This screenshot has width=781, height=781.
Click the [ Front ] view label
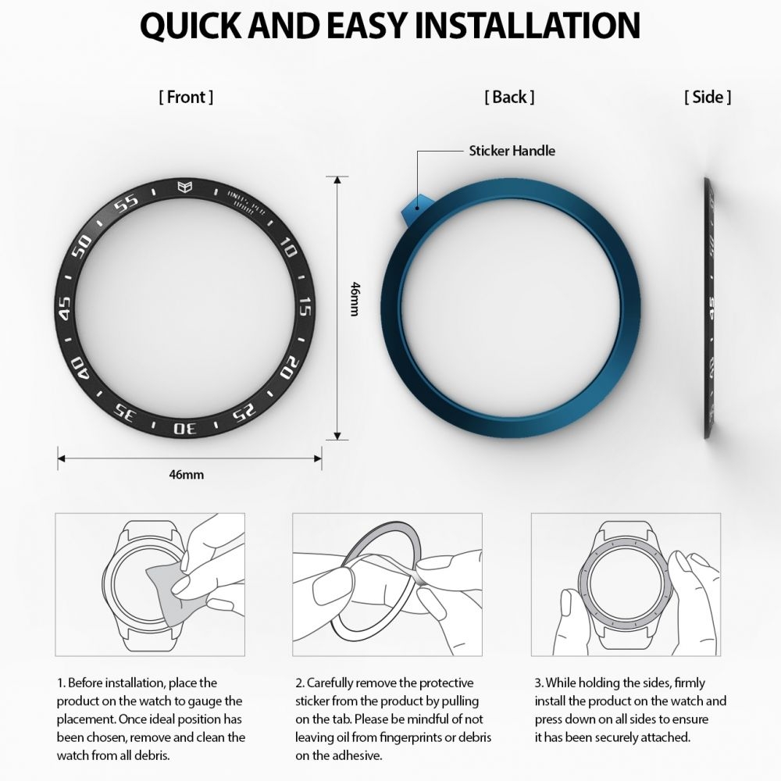tap(186, 97)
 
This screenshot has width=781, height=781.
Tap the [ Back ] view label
tap(509, 97)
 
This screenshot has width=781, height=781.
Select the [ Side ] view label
tap(708, 97)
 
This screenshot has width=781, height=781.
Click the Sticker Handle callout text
tap(512, 151)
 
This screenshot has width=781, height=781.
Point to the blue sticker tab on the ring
tap(412, 209)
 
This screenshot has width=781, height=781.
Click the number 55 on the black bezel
tap(126, 203)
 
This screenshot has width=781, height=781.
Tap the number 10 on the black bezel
tap(287, 247)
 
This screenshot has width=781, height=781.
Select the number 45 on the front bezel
tap(65, 308)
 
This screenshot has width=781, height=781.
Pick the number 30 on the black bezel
tap(185, 428)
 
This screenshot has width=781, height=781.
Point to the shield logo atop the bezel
tap(185, 187)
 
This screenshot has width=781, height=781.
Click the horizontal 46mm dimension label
tap(187, 474)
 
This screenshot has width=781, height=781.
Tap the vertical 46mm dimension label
tap(355, 299)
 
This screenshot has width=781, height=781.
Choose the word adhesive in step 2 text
tap(357, 755)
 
